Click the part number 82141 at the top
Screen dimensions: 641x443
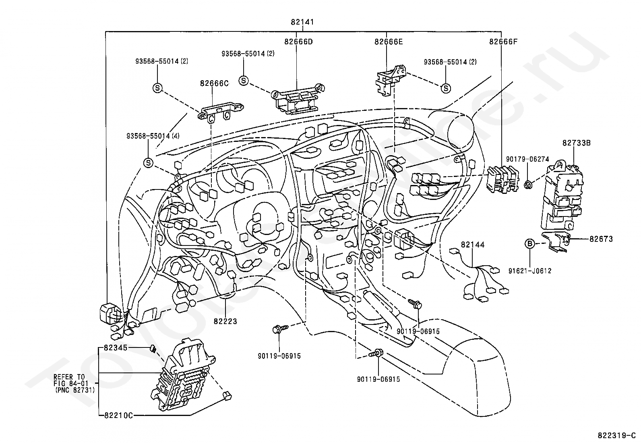point(302,22)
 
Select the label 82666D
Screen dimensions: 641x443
point(298,42)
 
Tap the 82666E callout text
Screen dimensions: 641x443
point(389,42)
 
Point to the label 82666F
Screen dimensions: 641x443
point(503,42)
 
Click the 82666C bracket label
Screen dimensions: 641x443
point(214,83)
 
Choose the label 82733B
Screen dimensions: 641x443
point(576,143)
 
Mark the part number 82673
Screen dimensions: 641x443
point(601,239)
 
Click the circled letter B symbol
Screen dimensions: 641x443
point(530,243)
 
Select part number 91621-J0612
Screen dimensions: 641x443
point(530,271)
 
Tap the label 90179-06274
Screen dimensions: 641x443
point(527,159)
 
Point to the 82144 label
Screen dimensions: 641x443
point(472,244)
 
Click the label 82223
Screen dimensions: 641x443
point(225,321)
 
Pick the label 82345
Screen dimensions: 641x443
point(115,347)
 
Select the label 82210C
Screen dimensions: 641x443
point(118,415)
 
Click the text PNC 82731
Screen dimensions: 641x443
point(74,390)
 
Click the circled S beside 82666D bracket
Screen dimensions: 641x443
point(244,81)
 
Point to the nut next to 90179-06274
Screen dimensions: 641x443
point(528,185)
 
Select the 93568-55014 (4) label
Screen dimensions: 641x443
point(153,136)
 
